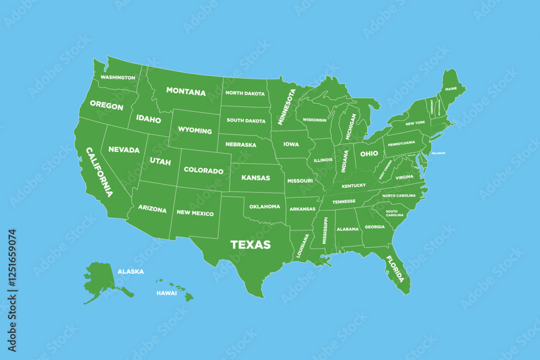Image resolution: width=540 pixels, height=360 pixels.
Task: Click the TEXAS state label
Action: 251,244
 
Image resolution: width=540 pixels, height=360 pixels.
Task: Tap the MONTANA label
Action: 186,92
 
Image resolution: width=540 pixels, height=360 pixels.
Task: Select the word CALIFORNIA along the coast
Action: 99,172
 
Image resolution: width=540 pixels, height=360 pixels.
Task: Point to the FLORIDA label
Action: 395,269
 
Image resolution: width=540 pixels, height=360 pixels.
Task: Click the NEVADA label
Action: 124,150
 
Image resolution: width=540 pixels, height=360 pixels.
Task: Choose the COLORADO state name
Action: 204,171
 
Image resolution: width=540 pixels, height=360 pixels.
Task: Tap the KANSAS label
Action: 255,178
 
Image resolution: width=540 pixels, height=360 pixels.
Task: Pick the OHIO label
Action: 369,154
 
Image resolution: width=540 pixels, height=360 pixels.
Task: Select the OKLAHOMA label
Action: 265,206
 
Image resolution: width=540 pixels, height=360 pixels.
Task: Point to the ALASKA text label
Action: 131,271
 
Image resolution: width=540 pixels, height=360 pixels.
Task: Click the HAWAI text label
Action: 167,293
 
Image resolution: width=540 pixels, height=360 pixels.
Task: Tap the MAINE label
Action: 451,88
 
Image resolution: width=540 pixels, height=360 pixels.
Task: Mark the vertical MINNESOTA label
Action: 287,107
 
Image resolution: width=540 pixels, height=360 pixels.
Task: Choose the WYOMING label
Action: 195,131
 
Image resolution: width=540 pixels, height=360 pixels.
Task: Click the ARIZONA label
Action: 152,209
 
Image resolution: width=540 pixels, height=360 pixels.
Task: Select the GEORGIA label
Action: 375,227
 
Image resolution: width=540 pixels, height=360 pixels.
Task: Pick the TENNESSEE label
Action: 343,202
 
